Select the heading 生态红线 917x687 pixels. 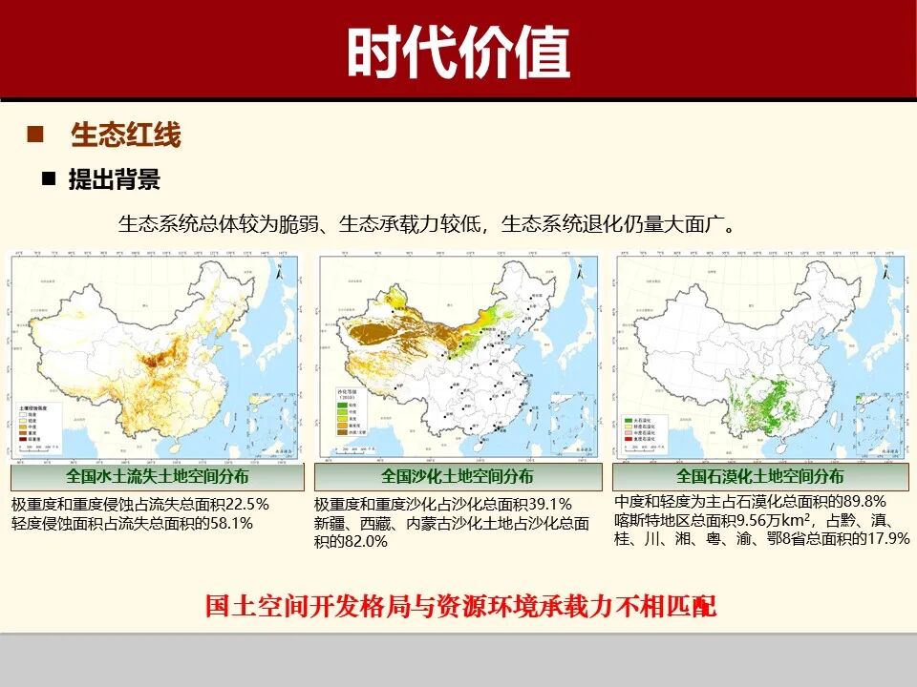click(x=125, y=135)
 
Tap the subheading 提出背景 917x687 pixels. click(x=114, y=179)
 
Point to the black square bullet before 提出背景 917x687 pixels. click(x=48, y=179)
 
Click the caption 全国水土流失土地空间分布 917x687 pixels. click(x=157, y=476)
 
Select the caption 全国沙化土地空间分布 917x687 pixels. click(x=458, y=476)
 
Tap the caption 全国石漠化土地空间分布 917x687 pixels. click(x=760, y=476)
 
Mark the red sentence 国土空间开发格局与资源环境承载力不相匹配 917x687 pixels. click(x=460, y=606)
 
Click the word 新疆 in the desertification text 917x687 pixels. click(x=330, y=523)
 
